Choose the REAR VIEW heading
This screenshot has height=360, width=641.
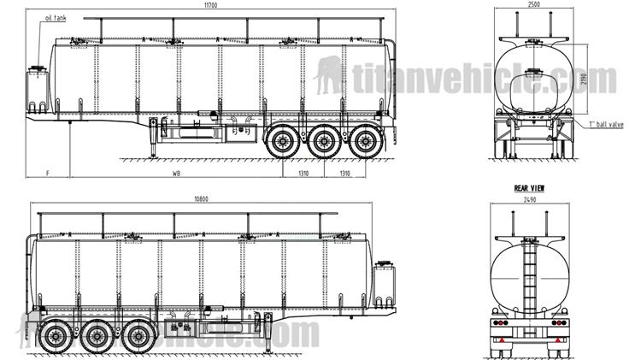[x=529, y=187]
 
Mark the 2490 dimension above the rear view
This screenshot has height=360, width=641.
[x=530, y=198]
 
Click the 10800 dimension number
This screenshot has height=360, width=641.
[x=202, y=200]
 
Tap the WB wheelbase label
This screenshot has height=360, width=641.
[x=177, y=173]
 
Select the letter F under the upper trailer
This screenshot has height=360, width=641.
[x=49, y=173]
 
